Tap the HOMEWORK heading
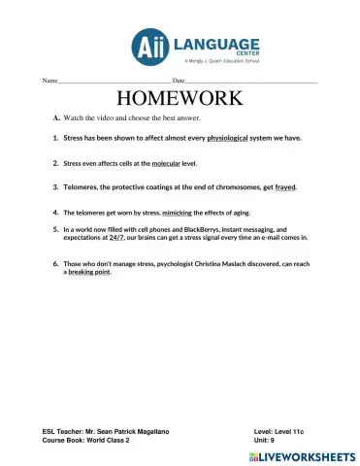pos(180,98)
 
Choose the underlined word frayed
pos(285,186)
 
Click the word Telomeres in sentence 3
pos(83,186)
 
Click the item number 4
pos(55,211)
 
